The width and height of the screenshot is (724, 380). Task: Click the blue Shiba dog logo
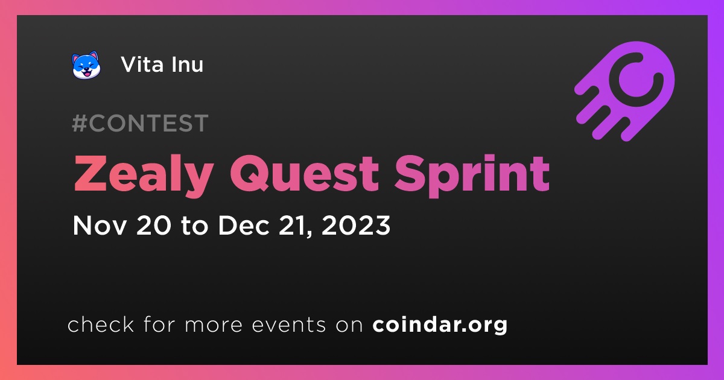(x=86, y=65)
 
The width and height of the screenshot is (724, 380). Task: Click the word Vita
(x=142, y=65)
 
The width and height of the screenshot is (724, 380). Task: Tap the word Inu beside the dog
(x=187, y=65)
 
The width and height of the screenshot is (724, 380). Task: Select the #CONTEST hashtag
(x=140, y=123)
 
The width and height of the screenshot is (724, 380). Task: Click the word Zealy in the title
(x=144, y=175)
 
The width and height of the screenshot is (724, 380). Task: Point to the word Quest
(x=304, y=174)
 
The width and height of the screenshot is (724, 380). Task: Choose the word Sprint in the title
(x=472, y=176)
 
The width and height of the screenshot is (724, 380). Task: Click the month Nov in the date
(x=99, y=225)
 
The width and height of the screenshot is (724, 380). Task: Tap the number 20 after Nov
(x=154, y=225)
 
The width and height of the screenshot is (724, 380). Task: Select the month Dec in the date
(x=244, y=225)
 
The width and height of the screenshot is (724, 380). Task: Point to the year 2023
(x=356, y=225)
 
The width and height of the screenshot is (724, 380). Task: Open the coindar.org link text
(x=440, y=325)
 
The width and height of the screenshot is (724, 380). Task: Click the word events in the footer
(x=289, y=325)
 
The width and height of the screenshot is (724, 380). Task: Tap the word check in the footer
(x=101, y=324)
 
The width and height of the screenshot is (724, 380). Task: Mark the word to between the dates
(x=194, y=226)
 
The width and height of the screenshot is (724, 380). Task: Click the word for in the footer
(x=159, y=324)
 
